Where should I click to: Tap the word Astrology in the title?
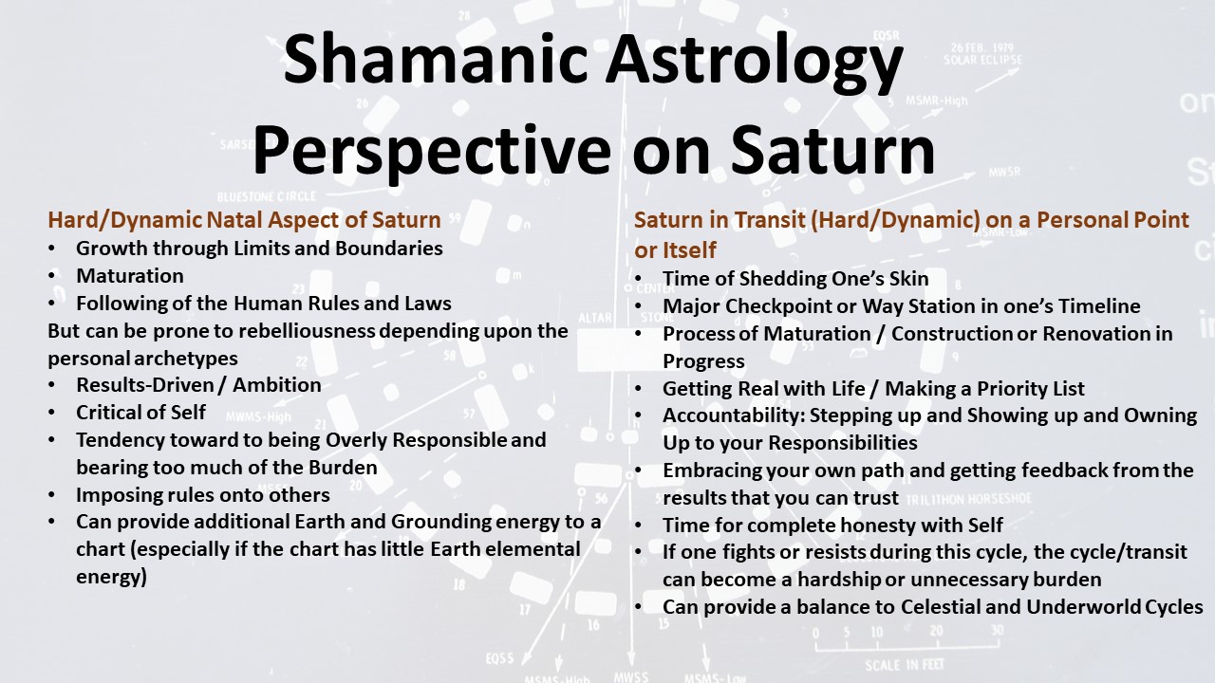click(x=754, y=64)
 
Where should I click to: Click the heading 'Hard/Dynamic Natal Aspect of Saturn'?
click(x=244, y=220)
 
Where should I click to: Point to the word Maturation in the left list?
click(x=130, y=276)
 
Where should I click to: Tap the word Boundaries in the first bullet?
click(x=389, y=249)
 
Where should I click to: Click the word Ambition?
click(x=277, y=385)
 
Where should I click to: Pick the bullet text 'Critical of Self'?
click(x=140, y=413)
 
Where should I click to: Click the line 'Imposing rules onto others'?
click(x=203, y=495)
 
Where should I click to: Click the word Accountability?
click(x=735, y=415)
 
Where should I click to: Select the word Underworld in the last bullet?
click(x=1083, y=607)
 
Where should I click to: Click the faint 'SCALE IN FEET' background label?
click(x=905, y=665)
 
